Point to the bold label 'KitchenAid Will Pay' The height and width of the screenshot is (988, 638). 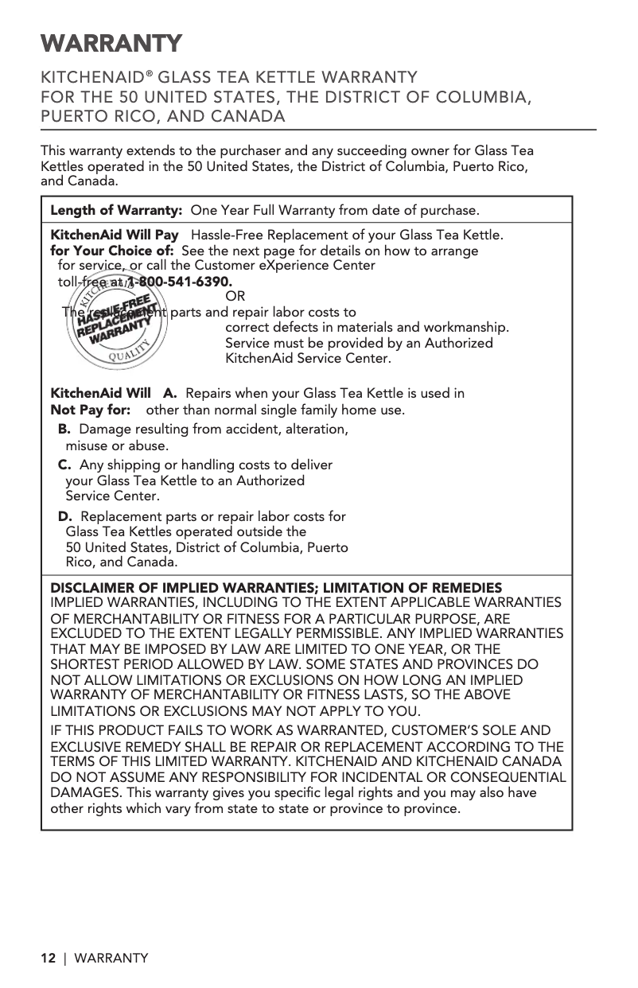[x=115, y=235]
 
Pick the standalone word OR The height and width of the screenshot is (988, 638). [x=235, y=298]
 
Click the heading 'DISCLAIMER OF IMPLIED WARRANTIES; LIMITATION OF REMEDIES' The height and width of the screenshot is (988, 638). [x=276, y=588]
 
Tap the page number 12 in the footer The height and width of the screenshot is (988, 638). [x=49, y=958]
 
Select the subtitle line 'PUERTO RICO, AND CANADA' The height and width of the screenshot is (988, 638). [x=163, y=116]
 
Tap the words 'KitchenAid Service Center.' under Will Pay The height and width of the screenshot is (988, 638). [x=309, y=359]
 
